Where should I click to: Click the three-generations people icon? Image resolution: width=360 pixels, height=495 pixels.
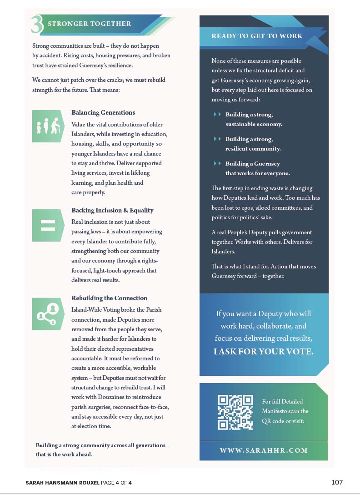[x=48, y=126]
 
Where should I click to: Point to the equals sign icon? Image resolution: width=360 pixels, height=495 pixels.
[x=48, y=225]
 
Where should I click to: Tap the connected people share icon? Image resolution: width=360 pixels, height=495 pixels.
[x=48, y=314]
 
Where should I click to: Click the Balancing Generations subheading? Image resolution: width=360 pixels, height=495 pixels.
[x=103, y=112]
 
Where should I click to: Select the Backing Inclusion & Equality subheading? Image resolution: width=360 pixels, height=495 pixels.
[x=112, y=210]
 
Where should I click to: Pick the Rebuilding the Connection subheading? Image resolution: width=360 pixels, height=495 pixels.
[x=109, y=298]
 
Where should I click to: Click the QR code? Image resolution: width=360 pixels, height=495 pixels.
[x=235, y=412]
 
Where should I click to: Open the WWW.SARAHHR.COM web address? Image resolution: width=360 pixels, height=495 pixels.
[x=264, y=450]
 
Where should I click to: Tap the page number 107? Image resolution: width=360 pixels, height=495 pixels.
[x=337, y=482]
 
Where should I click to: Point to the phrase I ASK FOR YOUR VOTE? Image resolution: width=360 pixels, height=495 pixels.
[x=263, y=352]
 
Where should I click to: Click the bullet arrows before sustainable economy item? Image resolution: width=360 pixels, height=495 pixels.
[x=217, y=114]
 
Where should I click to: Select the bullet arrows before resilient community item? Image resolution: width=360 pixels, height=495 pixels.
[x=217, y=139]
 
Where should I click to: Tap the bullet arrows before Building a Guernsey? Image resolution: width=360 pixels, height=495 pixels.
[x=217, y=163]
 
